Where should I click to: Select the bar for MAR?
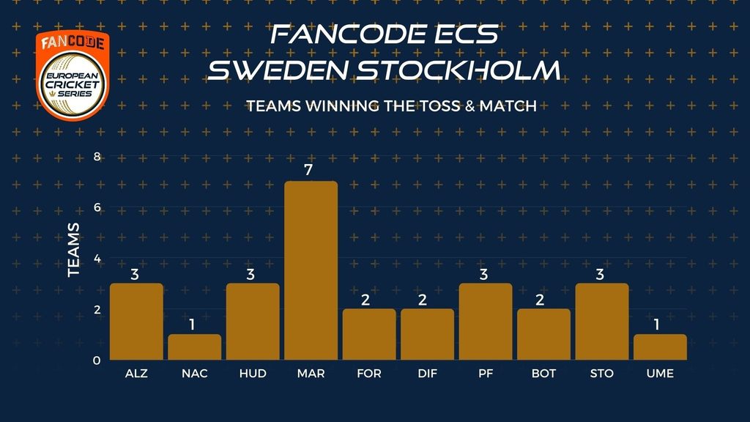point(311,270)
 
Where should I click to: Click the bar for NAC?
point(195,347)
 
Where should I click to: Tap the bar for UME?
point(660,347)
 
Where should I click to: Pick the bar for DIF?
point(427,334)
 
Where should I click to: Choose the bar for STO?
point(602,322)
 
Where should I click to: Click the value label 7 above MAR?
point(308,170)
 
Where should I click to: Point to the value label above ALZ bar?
point(135,274)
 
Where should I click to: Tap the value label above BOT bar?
point(540,300)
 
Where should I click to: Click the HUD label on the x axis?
point(253,374)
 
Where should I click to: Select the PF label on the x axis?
point(486,374)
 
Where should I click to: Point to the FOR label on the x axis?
point(369,374)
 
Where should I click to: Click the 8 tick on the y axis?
point(97,157)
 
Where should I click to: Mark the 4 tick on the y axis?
point(97,259)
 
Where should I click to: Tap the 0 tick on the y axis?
point(97,360)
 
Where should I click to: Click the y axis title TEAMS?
point(73,250)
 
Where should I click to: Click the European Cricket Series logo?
point(73,85)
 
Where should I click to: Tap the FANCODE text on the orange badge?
point(73,42)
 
